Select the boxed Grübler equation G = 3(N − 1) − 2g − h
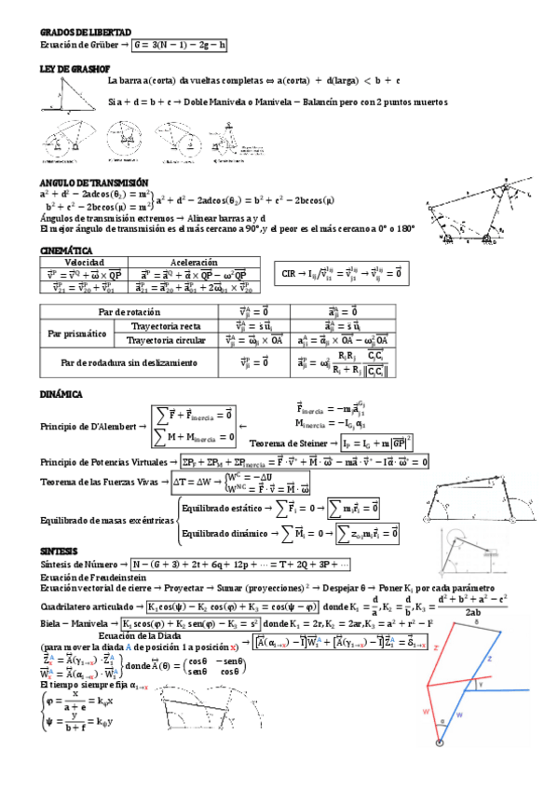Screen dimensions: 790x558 click(180, 44)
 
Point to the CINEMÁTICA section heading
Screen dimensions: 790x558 click(66, 251)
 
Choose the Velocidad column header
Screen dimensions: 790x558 click(83, 263)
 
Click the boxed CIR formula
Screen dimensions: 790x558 click(345, 273)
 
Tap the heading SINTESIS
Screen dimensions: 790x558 click(59, 551)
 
